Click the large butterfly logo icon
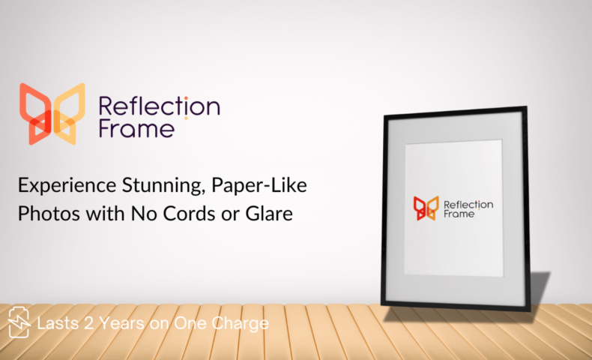tap(52, 114)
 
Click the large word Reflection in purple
tap(160, 106)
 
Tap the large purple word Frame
tap(136, 129)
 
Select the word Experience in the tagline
tap(67, 185)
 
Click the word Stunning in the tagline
tap(163, 186)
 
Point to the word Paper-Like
tap(259, 185)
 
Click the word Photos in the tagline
tap(49, 214)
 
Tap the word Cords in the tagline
tap(190, 214)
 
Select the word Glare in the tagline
tap(269, 214)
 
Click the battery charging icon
tap(19, 322)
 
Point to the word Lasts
tap(58, 323)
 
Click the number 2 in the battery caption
tap(88, 323)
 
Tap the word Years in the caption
tap(121, 323)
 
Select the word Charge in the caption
tap(240, 324)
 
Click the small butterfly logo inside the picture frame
tap(426, 208)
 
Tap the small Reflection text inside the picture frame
tap(468, 204)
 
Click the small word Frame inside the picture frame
tap(459, 214)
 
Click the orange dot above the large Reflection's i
tap(186, 97)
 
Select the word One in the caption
tap(190, 323)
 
